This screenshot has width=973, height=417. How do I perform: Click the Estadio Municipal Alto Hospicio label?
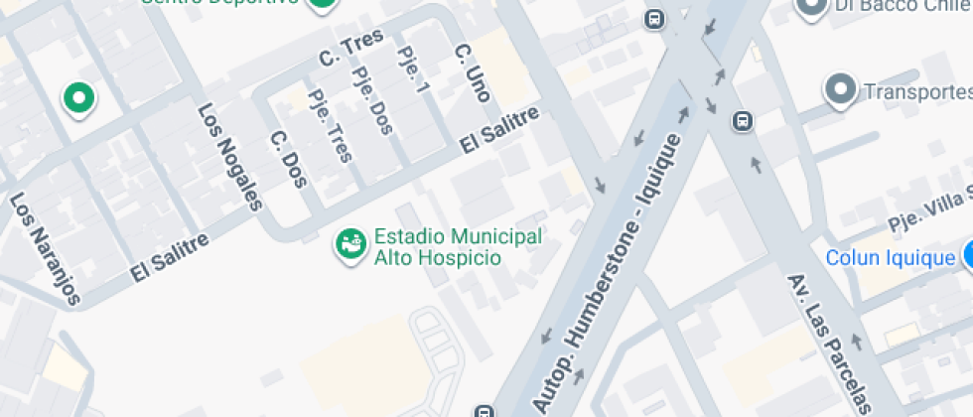coord(458,246)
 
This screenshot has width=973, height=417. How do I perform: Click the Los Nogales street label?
coord(229,158)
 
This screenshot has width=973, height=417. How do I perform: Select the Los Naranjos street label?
coord(43,235)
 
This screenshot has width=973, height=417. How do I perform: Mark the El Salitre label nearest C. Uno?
coord(499,130)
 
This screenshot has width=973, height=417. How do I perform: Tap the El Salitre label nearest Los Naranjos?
coord(170,257)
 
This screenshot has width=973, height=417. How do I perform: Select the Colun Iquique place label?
coord(891,258)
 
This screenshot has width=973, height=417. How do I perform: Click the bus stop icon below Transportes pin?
coord(742,121)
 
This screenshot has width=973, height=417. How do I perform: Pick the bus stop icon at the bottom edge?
coord(484,410)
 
